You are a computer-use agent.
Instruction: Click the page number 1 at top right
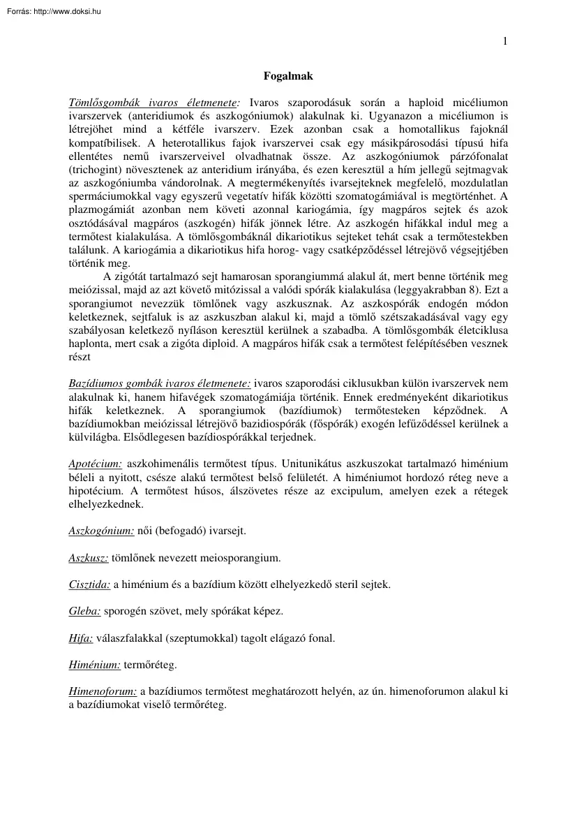pyautogui.click(x=505, y=41)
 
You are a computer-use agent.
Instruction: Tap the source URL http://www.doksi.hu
pyautogui.click(x=67, y=11)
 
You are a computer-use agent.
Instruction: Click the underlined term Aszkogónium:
pyautogui.click(x=101, y=531)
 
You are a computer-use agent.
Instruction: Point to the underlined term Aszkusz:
pyautogui.click(x=89, y=558)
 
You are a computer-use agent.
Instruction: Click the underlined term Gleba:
pyautogui.click(x=84, y=611)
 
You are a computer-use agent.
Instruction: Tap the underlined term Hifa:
pyautogui.click(x=81, y=638)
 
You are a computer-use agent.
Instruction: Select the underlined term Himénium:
pyautogui.click(x=94, y=665)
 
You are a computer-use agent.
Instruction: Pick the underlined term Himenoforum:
pyautogui.click(x=103, y=692)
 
